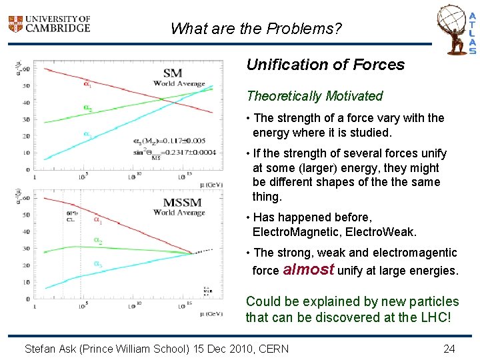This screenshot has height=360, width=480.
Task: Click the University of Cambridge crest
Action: [x=15, y=25]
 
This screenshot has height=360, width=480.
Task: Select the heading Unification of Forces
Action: [x=325, y=65]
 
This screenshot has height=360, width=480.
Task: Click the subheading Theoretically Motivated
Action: [x=315, y=96]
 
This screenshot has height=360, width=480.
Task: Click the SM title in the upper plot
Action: [x=172, y=73]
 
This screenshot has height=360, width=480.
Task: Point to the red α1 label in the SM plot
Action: [x=88, y=84]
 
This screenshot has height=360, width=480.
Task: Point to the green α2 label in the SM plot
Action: [x=88, y=108]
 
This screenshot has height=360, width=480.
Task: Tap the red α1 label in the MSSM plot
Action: [x=97, y=219]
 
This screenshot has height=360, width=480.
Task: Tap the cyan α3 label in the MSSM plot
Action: [x=97, y=264]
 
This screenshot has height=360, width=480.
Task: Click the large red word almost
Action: [x=309, y=270]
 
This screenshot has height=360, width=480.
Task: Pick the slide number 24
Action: [x=449, y=349]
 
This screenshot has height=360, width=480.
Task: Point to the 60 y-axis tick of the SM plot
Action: [x=26, y=69]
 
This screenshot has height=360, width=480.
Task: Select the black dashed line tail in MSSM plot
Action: [x=204, y=251]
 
